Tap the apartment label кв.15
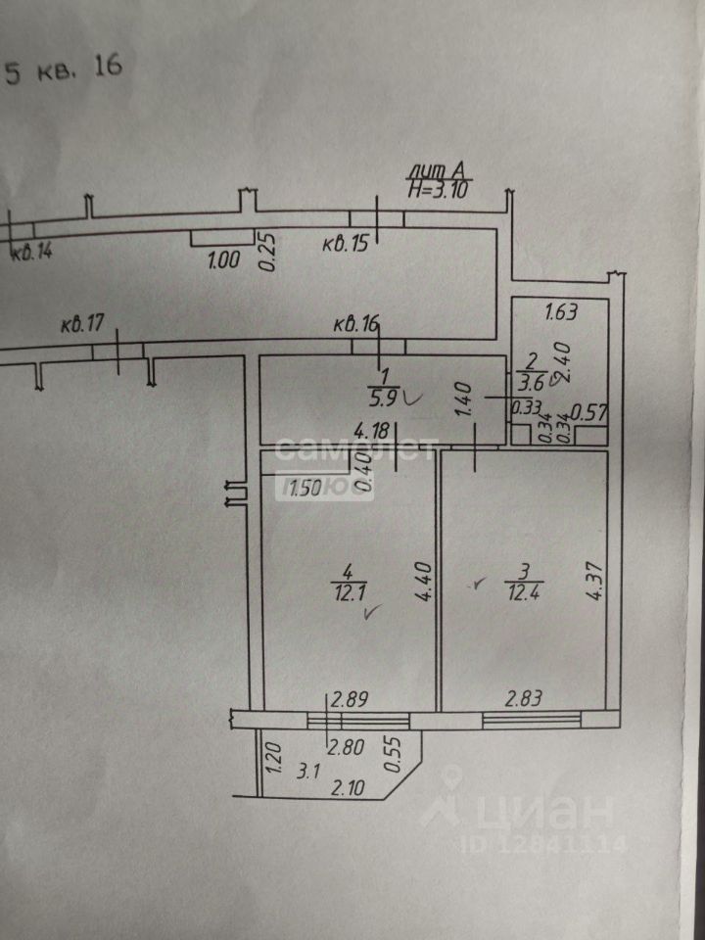pyautogui.click(x=345, y=244)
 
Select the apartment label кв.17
pyautogui.click(x=81, y=325)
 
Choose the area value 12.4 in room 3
pyautogui.click(x=522, y=591)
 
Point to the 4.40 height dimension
pyautogui.click(x=423, y=580)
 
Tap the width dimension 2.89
pyautogui.click(x=350, y=699)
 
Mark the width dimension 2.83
pyautogui.click(x=525, y=699)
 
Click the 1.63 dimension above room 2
pyautogui.click(x=560, y=313)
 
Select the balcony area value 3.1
pyautogui.click(x=309, y=771)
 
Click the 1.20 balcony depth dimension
pyautogui.click(x=275, y=757)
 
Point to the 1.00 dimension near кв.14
pyautogui.click(x=224, y=260)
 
